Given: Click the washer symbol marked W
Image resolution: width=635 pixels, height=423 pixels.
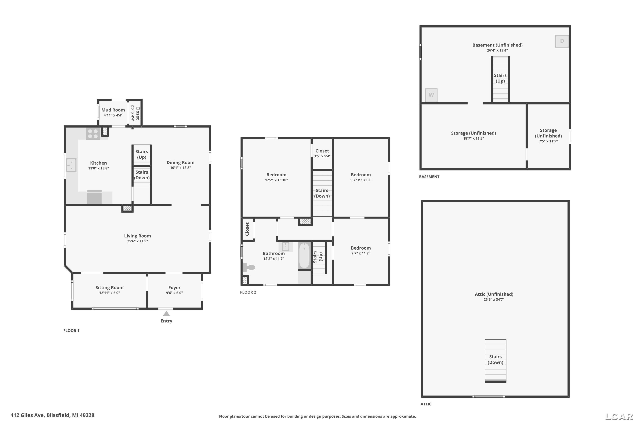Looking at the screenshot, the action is point(431,95).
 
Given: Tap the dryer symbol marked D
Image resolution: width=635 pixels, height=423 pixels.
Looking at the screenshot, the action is point(562,41).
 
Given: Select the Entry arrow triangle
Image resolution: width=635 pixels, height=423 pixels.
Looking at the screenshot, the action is point(166,313).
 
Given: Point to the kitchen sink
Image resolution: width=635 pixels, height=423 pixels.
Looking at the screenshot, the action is point(71,165).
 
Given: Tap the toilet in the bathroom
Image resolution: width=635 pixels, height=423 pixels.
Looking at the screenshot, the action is point(249,267).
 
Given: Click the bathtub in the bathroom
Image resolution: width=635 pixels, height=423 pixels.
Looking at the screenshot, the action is point(304,256).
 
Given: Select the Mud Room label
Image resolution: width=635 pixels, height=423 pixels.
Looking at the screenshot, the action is point(113,110).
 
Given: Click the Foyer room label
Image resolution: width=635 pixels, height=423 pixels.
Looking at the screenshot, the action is point(174,288).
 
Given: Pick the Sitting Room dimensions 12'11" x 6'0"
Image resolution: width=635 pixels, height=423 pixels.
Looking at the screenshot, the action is point(109,293).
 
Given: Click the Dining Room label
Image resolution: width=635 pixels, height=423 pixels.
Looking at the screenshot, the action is point(180,162).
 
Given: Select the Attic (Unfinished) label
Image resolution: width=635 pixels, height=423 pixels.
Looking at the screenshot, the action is point(494,294).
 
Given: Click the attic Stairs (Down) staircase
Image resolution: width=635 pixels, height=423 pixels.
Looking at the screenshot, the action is point(496,361).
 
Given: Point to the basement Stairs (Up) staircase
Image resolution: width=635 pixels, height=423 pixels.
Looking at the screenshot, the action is point(500,79).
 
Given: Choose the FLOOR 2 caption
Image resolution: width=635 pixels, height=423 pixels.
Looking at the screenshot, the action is point(248,292).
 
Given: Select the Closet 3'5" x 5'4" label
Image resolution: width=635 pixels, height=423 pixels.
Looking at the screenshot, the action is point(322,153).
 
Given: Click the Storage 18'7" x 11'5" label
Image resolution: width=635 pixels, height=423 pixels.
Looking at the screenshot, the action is point(473,135).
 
